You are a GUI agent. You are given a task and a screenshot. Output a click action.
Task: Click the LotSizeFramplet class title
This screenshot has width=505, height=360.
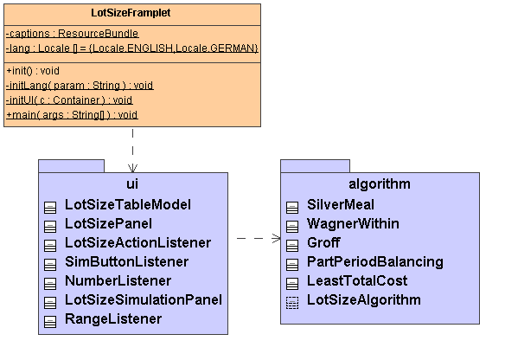pyautogui.click(x=131, y=13)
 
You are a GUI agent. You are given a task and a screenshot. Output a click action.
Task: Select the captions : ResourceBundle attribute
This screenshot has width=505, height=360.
pyautogui.click(x=72, y=34)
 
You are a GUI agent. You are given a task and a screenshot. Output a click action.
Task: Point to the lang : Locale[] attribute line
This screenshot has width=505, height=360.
pyautogui.click(x=132, y=48)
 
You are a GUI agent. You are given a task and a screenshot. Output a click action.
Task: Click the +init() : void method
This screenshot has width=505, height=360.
pyautogui.click(x=33, y=71)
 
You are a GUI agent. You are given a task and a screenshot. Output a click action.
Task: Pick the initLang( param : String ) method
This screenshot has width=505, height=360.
pyautogui.click(x=80, y=86)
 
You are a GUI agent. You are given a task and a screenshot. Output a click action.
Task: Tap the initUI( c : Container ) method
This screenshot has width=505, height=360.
pyautogui.click(x=69, y=100)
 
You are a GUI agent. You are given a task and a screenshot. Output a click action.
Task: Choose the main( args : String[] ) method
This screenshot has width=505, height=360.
pyautogui.click(x=72, y=115)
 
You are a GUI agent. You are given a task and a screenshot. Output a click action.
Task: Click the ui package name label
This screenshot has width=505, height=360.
pyautogui.click(x=132, y=184)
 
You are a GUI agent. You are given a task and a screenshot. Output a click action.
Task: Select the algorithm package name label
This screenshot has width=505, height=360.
pyautogui.click(x=380, y=184)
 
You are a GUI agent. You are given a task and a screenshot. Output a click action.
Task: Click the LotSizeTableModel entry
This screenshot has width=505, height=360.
pyautogui.click(x=128, y=204)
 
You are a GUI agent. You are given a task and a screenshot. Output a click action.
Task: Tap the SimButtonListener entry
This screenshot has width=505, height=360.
pyautogui.click(x=126, y=261)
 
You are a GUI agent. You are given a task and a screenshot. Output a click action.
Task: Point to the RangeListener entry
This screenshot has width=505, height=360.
pyautogui.click(x=113, y=319)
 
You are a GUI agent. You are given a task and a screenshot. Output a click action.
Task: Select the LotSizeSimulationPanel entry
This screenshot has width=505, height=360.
pyautogui.click(x=144, y=299)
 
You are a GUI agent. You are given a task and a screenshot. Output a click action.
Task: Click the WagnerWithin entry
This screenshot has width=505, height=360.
pyautogui.click(x=353, y=223)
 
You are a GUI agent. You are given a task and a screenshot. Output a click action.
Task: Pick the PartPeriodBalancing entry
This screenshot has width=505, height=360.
pyautogui.click(x=375, y=262)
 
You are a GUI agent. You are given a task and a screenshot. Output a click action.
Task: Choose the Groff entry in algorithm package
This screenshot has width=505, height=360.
pyautogui.click(x=323, y=242)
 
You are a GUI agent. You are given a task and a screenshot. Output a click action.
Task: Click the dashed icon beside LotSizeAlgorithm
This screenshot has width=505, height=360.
pyautogui.click(x=292, y=303)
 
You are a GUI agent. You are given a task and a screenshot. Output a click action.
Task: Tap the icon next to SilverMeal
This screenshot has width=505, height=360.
pyautogui.click(x=292, y=208)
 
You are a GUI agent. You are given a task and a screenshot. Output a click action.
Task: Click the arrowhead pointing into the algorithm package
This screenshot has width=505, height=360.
pyautogui.click(x=277, y=239)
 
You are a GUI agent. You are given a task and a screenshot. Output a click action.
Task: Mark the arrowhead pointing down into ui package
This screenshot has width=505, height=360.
pyautogui.click(x=132, y=168)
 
